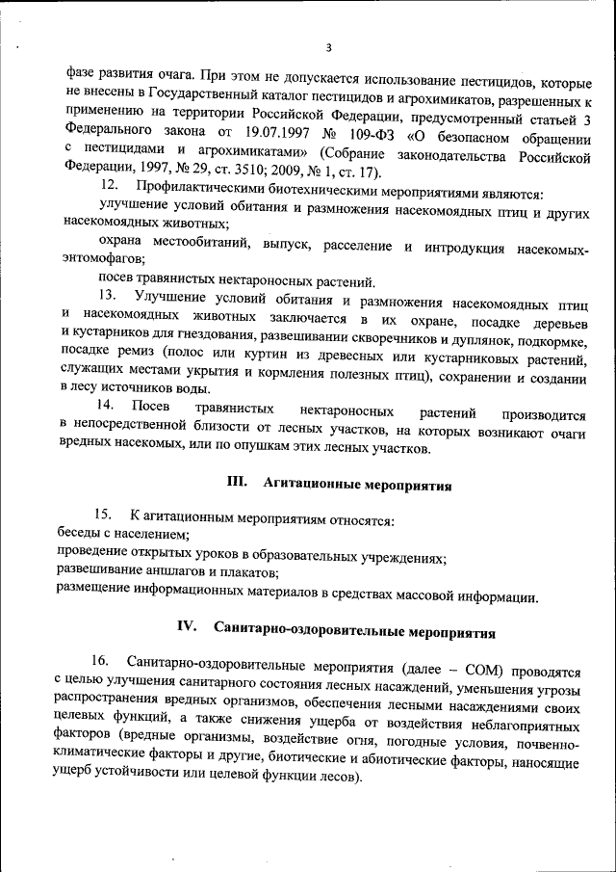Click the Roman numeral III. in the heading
click(x=238, y=483)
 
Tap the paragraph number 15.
click(x=104, y=521)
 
